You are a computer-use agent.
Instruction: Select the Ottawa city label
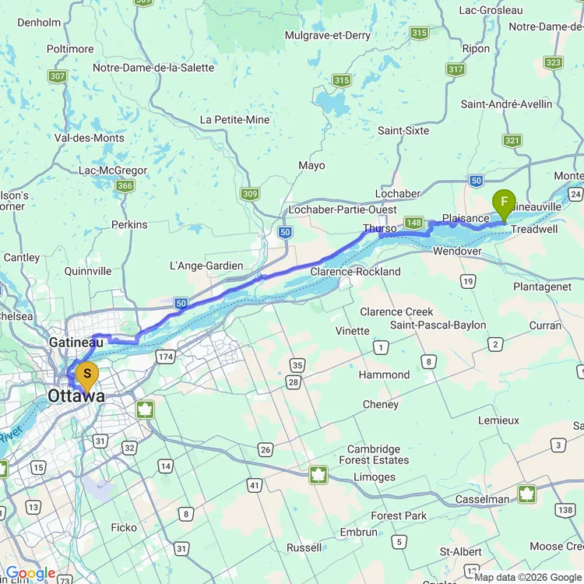pos(76,396)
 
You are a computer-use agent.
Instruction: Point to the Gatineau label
pos(76,343)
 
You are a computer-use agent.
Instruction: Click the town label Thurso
pos(379,229)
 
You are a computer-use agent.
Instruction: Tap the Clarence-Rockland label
pos(355,272)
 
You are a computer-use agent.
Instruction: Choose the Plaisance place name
pos(466,218)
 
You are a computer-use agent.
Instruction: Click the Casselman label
pos(483,499)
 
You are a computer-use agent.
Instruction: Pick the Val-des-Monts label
pos(90,138)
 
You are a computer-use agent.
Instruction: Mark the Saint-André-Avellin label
pos(507,104)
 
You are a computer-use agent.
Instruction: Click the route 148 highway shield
pos(414,223)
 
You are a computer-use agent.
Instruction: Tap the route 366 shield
pos(125,185)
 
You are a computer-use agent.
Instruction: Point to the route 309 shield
pos(249,193)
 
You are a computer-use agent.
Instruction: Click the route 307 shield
pos(57,76)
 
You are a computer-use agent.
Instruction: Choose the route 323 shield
pos(554,63)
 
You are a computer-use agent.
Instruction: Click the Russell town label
pos(304,547)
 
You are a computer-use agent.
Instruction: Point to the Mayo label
pos(311,165)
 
